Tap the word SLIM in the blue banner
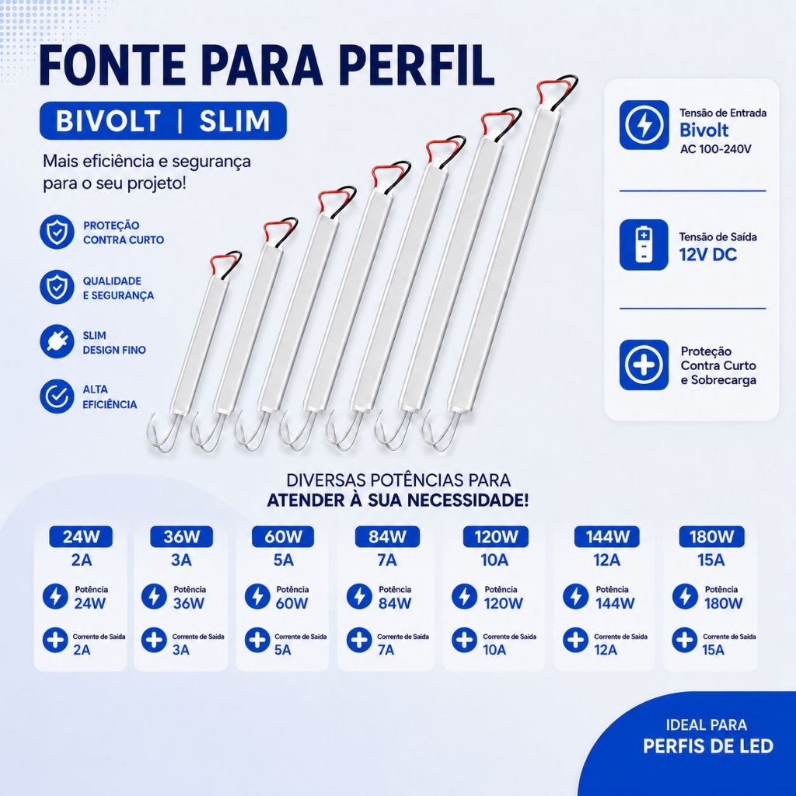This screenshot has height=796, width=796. [x=234, y=120]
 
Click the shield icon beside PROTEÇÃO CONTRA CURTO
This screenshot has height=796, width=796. [x=57, y=232]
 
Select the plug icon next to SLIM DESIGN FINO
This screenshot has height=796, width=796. [x=57, y=342]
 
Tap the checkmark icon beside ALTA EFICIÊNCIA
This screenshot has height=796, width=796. [x=57, y=396]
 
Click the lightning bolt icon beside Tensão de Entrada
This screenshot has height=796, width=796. [x=644, y=125]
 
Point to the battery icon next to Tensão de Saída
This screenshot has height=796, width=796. [x=644, y=245]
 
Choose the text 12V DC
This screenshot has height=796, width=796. [x=707, y=254]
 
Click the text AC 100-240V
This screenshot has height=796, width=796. [x=715, y=149]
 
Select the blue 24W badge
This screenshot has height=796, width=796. [x=81, y=536]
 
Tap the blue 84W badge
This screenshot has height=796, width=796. [x=387, y=536]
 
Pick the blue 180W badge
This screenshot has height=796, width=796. [x=712, y=536]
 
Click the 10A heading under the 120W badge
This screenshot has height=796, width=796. [x=494, y=560]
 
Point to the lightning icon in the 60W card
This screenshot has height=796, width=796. [x=257, y=596]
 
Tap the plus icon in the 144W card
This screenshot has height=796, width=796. [x=576, y=641]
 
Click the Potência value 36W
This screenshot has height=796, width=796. [x=188, y=603]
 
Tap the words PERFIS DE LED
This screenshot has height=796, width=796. [x=708, y=746]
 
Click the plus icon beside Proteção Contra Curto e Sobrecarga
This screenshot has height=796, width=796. [x=644, y=365]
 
